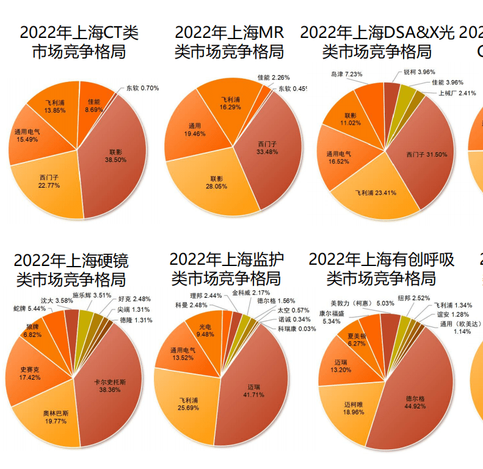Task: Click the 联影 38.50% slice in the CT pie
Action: pos(116,156)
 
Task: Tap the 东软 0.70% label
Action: pos(142,88)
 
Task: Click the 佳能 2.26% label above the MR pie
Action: pos(274,78)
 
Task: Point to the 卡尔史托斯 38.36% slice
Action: pos(110,385)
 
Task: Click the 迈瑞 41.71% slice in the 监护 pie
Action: pos(256,391)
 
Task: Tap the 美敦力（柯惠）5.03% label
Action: pos(362,303)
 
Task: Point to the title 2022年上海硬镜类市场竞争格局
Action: pos(71,270)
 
